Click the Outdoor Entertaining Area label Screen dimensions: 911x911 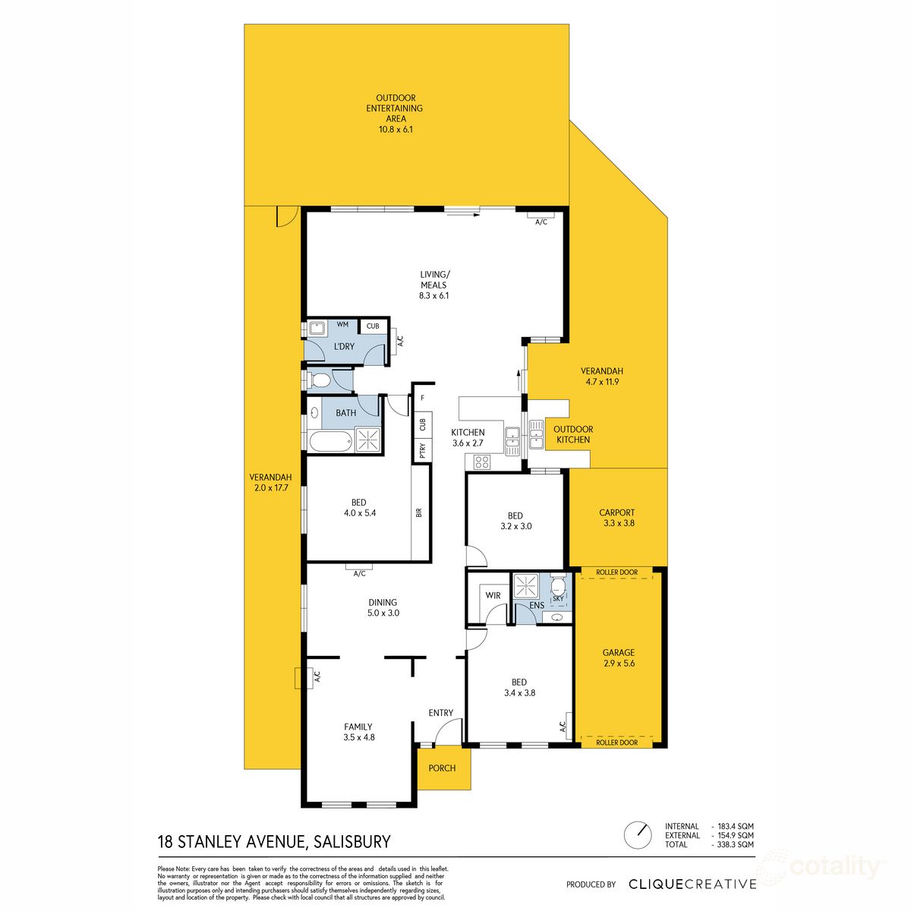click(x=396, y=114)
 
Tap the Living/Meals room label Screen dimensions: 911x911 click(x=434, y=285)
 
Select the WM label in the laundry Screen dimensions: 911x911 click(x=342, y=324)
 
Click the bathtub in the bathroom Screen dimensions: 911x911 click(x=330, y=440)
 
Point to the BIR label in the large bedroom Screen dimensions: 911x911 click(x=419, y=512)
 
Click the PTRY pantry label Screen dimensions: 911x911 click(x=422, y=451)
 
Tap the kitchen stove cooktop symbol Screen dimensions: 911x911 click(x=482, y=461)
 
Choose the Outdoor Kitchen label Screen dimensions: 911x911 click(x=573, y=434)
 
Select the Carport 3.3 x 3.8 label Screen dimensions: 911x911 click(x=617, y=518)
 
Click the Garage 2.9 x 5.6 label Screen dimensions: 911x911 click(x=618, y=657)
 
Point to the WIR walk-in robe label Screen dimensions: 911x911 click(x=493, y=595)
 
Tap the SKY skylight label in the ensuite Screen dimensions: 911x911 click(x=558, y=599)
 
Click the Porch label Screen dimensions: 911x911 click(x=442, y=768)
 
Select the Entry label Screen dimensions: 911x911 click(x=440, y=713)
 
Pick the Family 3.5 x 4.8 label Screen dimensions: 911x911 click(x=359, y=732)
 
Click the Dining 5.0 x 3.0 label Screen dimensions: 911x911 click(x=383, y=607)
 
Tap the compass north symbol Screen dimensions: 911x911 click(x=638, y=835)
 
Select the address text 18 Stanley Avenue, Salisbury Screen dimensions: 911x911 click(x=273, y=841)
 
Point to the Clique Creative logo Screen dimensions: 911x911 click(x=692, y=884)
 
